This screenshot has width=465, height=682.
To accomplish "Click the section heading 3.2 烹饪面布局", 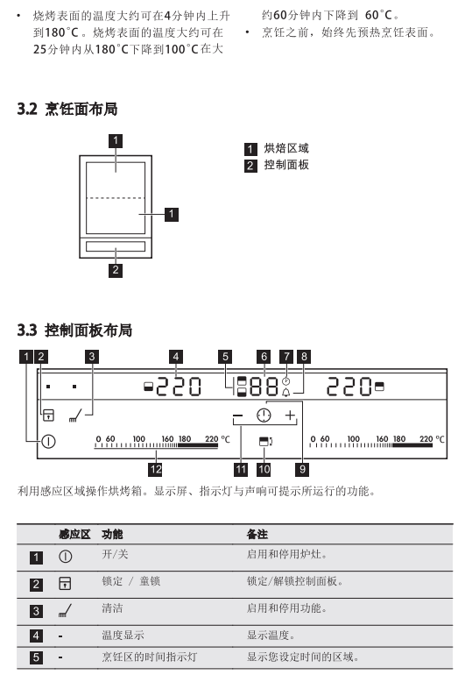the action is [67, 109].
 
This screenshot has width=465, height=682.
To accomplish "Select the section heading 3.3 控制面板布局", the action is [74, 330].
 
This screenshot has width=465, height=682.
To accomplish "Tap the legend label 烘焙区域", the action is [286, 148].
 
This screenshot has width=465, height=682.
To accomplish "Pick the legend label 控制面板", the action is [286, 165].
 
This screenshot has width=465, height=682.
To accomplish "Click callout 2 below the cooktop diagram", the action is [116, 270].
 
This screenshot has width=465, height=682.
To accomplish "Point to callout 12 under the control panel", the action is [156, 469].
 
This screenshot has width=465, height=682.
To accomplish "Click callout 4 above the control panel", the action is [175, 357].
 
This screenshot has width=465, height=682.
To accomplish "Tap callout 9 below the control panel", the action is [302, 469].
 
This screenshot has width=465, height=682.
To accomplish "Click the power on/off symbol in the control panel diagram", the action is [49, 442].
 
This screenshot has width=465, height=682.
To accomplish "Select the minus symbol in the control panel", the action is [237, 416].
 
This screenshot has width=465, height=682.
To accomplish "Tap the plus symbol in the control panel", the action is [291, 416].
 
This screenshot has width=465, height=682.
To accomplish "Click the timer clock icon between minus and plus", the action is [264, 416].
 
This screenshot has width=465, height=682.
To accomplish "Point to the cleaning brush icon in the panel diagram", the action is [75, 416].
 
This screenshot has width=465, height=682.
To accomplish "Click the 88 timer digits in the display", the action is [264, 387].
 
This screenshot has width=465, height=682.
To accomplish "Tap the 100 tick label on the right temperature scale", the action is [354, 439].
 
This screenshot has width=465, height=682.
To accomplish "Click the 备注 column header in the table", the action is [257, 534].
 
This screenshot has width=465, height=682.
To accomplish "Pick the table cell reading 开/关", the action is [115, 555].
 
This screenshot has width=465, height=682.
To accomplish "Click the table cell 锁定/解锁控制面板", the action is [295, 581].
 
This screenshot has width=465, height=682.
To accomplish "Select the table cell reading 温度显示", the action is [123, 635].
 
